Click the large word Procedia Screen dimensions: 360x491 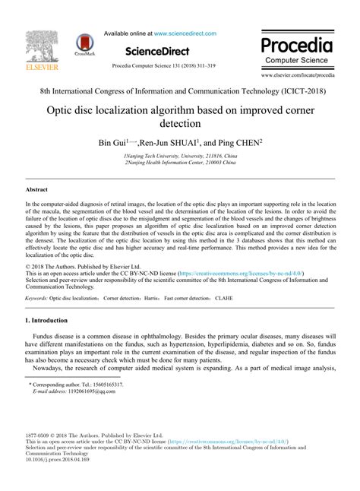click(x=297, y=43)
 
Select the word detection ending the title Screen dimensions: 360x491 click(x=180, y=123)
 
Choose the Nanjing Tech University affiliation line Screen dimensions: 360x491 click(x=180, y=154)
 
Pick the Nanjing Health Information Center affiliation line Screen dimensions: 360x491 click(x=180, y=161)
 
